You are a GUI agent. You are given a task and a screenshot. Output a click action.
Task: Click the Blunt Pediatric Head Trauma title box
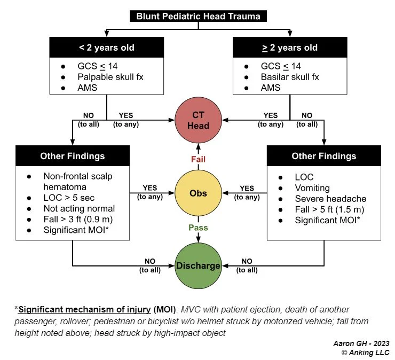[x=198, y=17]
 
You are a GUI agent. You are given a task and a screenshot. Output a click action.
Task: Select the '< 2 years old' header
[x=107, y=48]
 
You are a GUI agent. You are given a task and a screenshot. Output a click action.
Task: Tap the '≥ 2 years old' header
[x=290, y=48]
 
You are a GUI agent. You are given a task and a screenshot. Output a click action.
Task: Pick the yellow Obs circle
[x=198, y=193]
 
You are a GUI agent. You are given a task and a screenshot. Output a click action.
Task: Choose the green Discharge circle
[x=198, y=265]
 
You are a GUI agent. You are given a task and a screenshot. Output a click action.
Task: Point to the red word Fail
[x=198, y=159]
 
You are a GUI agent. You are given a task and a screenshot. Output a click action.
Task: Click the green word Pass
[x=198, y=227]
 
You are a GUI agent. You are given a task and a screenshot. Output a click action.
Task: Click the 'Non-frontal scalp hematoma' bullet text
[x=78, y=181]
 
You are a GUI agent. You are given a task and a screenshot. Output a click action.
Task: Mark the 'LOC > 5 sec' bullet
[x=66, y=198]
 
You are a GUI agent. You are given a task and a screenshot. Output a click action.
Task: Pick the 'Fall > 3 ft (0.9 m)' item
[x=79, y=219]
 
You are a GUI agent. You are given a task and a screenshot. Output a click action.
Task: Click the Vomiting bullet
[x=313, y=188]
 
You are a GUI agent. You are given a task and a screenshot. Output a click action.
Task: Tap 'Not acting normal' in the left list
[x=79, y=208]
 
